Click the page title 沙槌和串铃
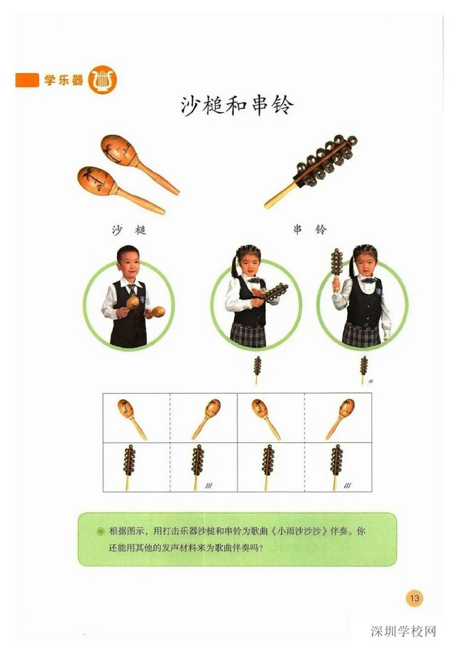(236, 106)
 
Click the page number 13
(414, 598)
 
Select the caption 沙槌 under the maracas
(129, 230)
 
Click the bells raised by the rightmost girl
(337, 263)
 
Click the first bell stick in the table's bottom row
(131, 465)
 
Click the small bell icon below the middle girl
(257, 368)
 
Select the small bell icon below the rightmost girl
(363, 368)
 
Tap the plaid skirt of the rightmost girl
(362, 334)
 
